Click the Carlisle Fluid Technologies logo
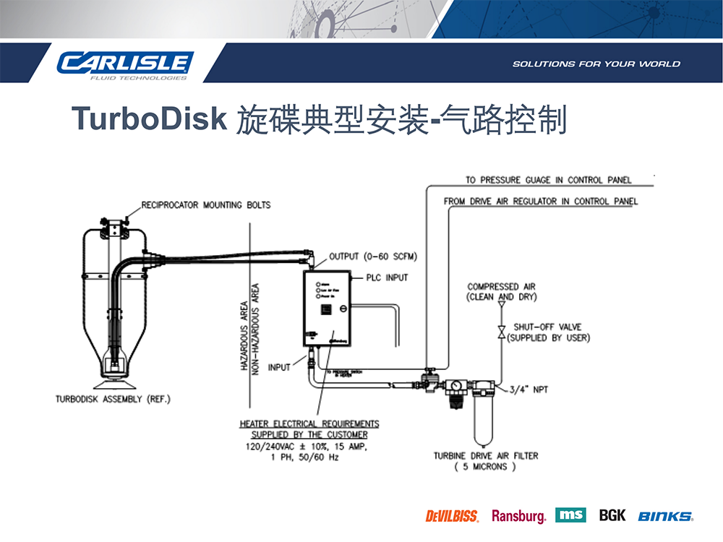(x=125, y=64)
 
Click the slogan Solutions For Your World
(x=596, y=64)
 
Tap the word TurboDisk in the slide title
(x=150, y=119)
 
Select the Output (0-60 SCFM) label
(x=373, y=257)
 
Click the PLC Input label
(x=387, y=278)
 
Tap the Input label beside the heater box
(x=279, y=367)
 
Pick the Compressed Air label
(x=502, y=287)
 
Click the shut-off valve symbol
(x=500, y=332)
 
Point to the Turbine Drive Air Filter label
(x=486, y=456)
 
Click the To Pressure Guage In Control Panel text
(x=549, y=180)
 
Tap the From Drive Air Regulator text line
(x=541, y=202)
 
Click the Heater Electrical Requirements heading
(x=309, y=423)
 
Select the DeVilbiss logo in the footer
(x=452, y=516)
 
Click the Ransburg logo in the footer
(x=518, y=516)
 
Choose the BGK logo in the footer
(x=612, y=515)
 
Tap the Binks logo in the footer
(x=665, y=516)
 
